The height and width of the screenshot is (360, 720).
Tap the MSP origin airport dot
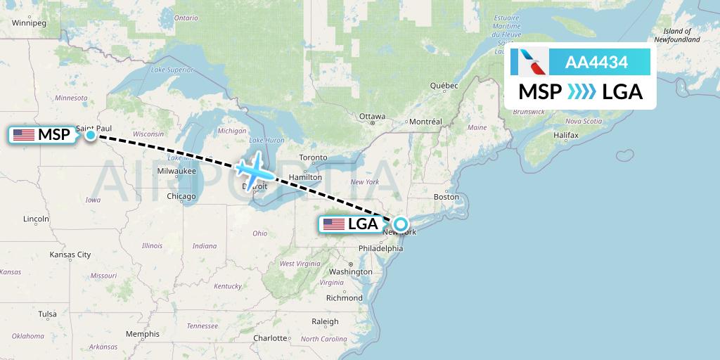click(91, 134)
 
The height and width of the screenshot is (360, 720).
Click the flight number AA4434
click(596, 62)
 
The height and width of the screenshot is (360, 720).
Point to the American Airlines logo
click(529, 62)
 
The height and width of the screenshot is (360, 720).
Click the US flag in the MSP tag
click(24, 135)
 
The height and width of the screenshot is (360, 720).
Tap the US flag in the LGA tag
click(333, 225)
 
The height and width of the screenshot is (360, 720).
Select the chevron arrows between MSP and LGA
click(581, 92)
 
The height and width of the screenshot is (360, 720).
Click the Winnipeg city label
click(29, 23)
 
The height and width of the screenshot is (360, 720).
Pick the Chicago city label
click(181, 196)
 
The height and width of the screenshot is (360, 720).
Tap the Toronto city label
click(313, 157)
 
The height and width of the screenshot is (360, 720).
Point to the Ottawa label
click(372, 116)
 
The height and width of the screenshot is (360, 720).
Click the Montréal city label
click(425, 122)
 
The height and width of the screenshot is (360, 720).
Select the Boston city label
click(446, 197)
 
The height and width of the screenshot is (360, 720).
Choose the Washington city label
click(349, 271)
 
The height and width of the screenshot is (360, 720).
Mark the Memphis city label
click(143, 334)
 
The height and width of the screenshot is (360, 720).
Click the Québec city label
click(444, 86)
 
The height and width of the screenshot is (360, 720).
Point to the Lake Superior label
click(172, 70)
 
